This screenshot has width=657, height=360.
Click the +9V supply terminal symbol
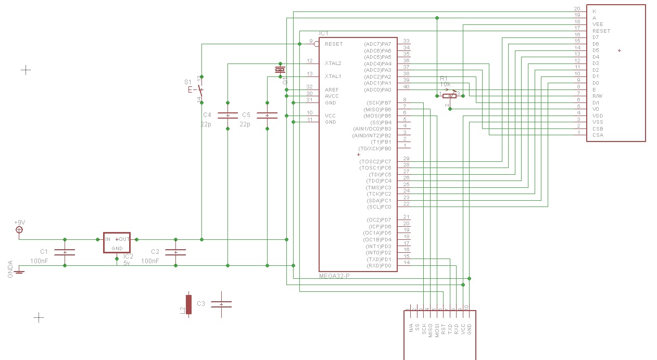[20, 229]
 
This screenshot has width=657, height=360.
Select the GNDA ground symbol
[19, 271]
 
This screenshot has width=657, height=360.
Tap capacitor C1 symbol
[65, 252]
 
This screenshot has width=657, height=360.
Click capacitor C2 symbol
[175, 252]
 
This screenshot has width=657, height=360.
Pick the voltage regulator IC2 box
[117, 242]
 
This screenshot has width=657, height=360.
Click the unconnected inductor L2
[188, 304]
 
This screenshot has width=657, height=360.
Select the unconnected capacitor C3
[221, 304]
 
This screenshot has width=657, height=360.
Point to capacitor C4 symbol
[228, 115]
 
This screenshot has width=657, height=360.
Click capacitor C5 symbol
[267, 115]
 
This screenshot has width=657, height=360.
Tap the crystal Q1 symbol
[280, 70]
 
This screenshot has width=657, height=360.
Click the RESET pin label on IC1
[334, 44]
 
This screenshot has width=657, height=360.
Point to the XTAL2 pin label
[333, 63]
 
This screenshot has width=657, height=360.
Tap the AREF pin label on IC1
[332, 89]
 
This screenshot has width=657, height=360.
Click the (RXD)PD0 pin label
[378, 266]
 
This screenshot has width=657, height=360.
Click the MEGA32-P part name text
[334, 276]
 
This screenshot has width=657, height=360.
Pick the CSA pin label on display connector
[598, 135]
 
